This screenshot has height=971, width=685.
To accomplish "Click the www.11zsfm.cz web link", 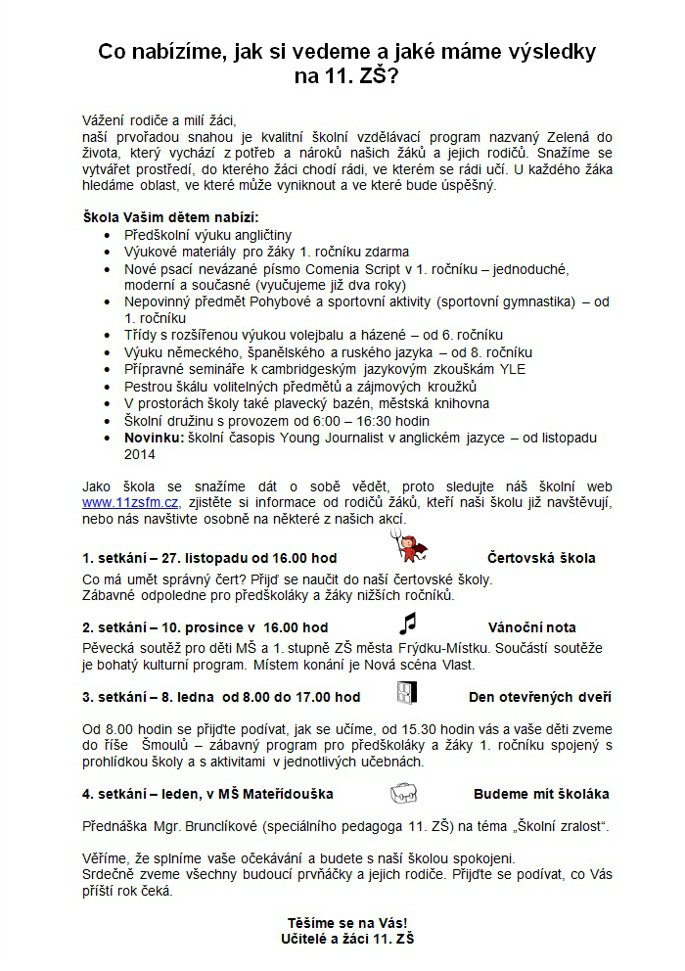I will [130, 502].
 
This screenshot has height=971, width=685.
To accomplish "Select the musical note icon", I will [407, 624].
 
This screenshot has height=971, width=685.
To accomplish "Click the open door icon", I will [406, 694].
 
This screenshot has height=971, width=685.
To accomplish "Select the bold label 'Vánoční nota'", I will [531, 627].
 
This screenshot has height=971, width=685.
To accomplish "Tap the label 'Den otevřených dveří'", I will [540, 697].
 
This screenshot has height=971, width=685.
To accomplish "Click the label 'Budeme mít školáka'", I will [541, 794].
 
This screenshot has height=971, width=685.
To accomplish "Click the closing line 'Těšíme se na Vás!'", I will [347, 922].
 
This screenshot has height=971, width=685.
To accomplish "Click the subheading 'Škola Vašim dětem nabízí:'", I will [170, 216].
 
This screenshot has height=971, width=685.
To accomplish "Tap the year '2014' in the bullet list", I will [140, 454].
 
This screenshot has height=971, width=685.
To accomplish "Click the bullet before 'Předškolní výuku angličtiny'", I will [107, 236].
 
